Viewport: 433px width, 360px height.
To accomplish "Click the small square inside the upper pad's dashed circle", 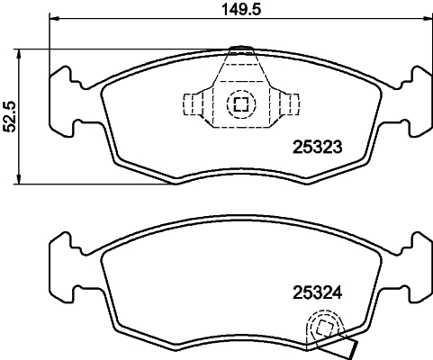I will tap(240, 104).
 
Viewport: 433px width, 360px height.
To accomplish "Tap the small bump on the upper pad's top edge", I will tap(239, 49).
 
